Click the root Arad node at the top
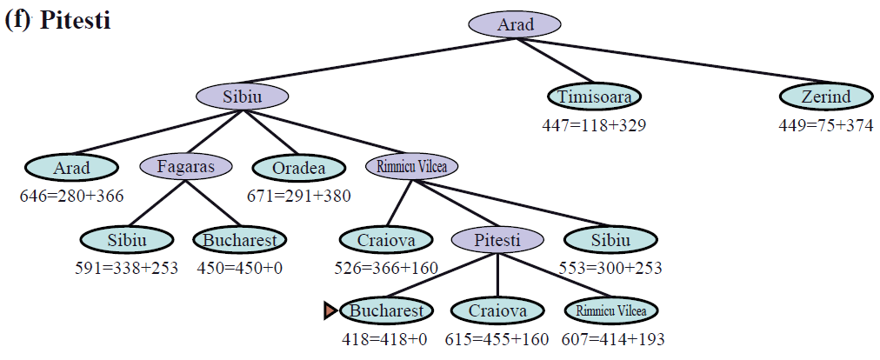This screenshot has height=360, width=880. (515, 24)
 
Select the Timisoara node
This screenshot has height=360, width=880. (595, 97)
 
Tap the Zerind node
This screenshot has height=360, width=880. (826, 97)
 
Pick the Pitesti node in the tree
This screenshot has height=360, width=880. (497, 238)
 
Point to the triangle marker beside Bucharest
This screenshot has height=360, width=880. (330, 310)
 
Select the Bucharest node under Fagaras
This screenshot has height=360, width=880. (239, 239)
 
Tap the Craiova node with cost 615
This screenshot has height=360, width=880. (497, 310)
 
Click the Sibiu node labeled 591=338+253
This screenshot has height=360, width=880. (126, 239)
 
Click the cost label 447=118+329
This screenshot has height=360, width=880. (594, 125)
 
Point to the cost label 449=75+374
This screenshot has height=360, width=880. (826, 125)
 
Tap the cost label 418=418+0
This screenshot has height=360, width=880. (386, 339)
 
